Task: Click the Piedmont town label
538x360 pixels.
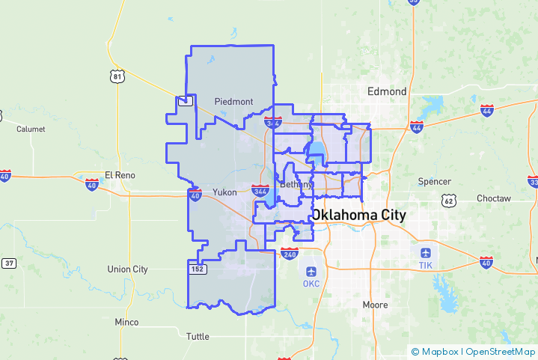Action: coord(233,101)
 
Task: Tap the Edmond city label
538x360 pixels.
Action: coord(387,91)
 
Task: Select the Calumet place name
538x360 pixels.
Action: coord(31,129)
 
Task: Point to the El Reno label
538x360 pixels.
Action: coord(118,174)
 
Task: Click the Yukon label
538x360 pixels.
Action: coord(224,192)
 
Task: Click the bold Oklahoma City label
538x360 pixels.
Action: coord(359,215)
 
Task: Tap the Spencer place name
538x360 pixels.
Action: coord(435,181)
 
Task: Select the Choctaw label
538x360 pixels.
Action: coord(494,198)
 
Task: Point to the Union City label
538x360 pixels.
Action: coord(128,269)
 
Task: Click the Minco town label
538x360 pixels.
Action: coord(126,322)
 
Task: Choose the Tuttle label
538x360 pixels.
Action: coord(198,336)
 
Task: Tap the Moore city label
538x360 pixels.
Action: coord(375,305)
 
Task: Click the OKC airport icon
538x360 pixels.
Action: coord(311,270)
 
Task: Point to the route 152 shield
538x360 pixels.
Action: coord(197,269)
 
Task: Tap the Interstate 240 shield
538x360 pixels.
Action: coord(290,253)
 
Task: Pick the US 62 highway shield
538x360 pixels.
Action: coord(449,201)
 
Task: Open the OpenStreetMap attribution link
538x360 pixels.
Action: coord(500,351)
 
